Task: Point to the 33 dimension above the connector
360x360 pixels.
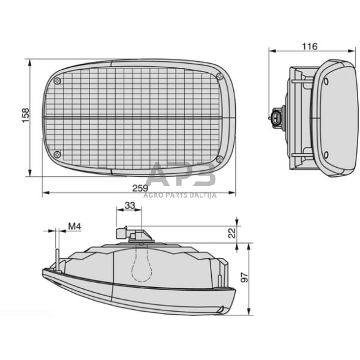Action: [x=129, y=206]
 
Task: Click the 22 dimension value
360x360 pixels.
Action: [x=231, y=233]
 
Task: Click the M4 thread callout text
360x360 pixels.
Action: [x=75, y=226]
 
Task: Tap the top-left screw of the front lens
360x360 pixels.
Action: [x=57, y=81]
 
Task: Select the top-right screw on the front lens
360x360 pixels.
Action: [x=220, y=75]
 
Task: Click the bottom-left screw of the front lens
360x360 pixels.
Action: [x=57, y=154]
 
